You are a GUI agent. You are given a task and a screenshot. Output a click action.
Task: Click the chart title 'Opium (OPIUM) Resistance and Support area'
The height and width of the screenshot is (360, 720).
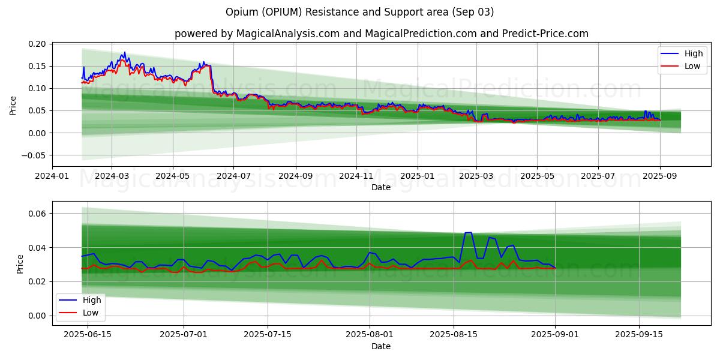click(360, 12)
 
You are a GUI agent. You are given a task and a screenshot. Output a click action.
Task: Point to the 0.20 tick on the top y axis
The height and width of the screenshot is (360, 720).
click(38, 44)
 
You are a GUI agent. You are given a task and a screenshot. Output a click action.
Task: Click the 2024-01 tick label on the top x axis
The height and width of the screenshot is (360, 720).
click(52, 176)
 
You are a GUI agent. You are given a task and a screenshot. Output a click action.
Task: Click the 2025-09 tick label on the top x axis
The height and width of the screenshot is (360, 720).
click(659, 176)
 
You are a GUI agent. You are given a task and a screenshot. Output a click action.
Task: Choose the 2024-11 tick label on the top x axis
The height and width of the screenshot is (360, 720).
click(356, 176)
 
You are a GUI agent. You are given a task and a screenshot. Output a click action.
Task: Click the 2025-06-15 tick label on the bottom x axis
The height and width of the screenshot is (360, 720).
click(87, 334)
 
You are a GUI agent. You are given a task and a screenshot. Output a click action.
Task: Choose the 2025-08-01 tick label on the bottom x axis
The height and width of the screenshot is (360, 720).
click(370, 334)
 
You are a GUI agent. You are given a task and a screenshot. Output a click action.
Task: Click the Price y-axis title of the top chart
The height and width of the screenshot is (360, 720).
click(13, 106)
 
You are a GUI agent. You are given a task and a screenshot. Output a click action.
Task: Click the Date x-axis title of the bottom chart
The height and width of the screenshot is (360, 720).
click(381, 346)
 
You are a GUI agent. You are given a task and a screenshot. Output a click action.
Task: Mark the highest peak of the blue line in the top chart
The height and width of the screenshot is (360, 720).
click(124, 52)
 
